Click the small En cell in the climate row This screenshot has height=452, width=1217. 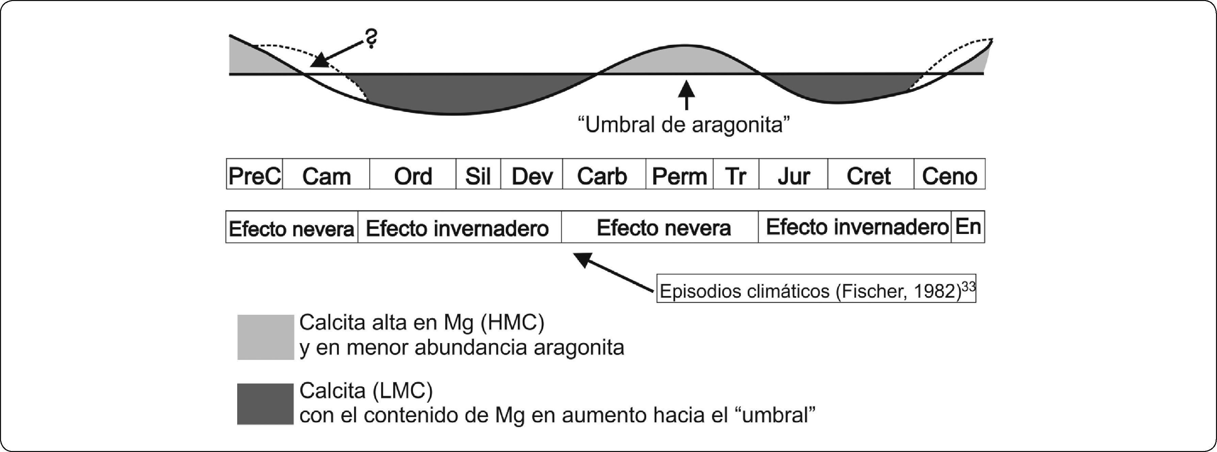coord(968,227)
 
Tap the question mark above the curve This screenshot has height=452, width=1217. coord(371,38)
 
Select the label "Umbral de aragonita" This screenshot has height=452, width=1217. coord(684,125)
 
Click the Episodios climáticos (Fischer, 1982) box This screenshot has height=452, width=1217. coord(816,289)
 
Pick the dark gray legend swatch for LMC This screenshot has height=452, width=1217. coord(265,404)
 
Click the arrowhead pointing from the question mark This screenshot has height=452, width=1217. coord(320,61)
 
